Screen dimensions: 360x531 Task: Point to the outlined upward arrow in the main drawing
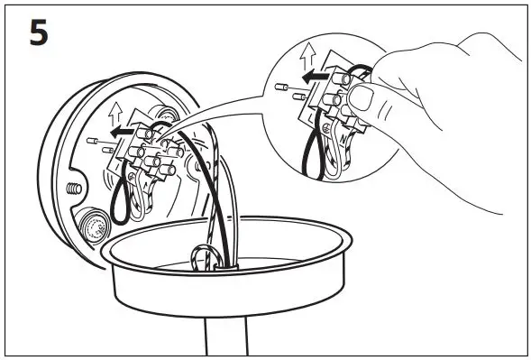pyautogui.click(x=113, y=112)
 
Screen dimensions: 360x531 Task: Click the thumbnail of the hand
pyautogui.click(x=362, y=96)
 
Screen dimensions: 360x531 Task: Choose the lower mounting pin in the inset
pyautogui.click(x=288, y=89)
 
